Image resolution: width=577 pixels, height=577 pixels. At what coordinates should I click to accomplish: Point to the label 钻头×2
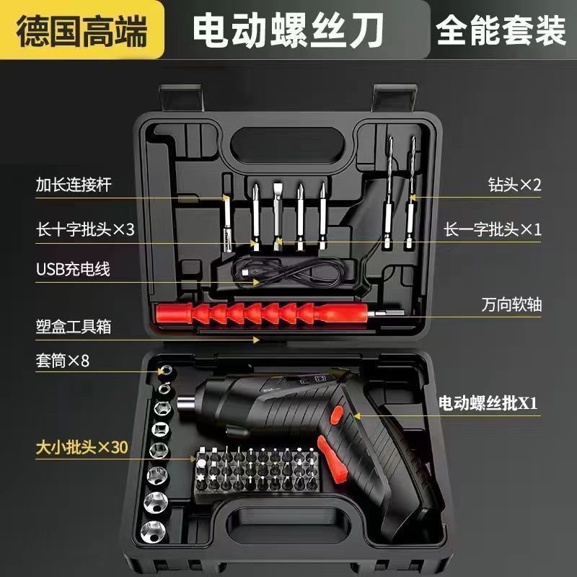pyautogui.click(x=514, y=184)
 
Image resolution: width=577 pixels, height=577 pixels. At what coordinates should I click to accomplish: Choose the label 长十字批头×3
pyautogui.click(x=85, y=229)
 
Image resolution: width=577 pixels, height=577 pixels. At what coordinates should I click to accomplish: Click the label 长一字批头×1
pyautogui.click(x=493, y=229)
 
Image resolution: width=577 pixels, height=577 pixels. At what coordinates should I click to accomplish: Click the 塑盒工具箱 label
pyautogui.click(x=74, y=326)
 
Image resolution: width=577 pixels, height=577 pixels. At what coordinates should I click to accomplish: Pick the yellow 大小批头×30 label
pyautogui.click(x=82, y=447)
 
